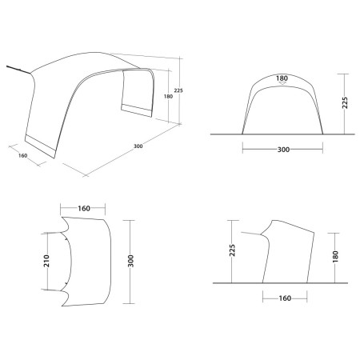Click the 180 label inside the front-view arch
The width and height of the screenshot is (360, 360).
(282, 78)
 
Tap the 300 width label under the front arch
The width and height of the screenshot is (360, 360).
(282, 149)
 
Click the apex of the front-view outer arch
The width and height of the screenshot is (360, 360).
(282, 73)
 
